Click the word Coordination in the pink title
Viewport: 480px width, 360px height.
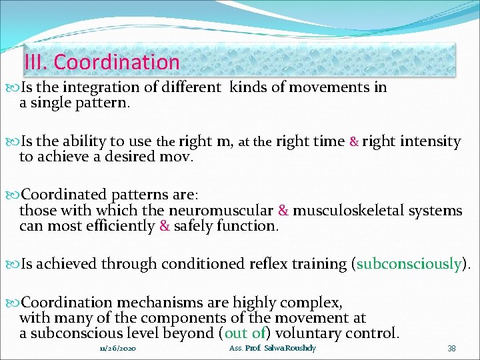[x=117, y=62]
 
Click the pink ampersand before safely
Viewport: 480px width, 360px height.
[x=164, y=226]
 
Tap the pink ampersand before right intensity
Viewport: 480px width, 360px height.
[x=355, y=141]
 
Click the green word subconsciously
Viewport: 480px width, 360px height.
[x=409, y=264]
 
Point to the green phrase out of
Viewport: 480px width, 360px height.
[x=245, y=333]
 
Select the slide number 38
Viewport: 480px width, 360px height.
[x=451, y=349]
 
